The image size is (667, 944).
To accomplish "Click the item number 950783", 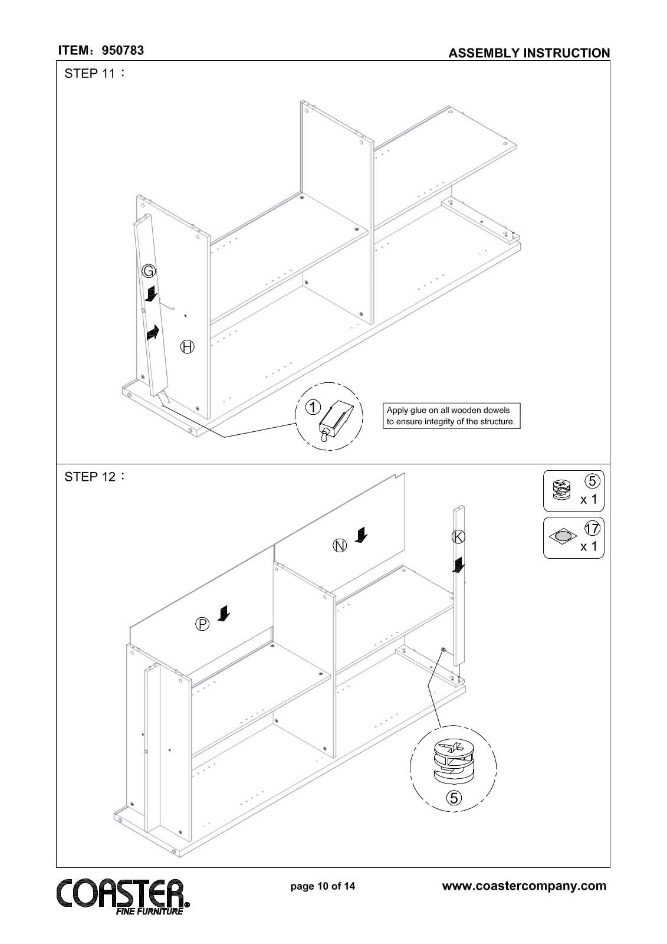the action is pos(123,51).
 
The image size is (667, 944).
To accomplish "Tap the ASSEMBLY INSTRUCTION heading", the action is pos(529,53).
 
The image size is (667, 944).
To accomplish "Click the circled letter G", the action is pos(149,271).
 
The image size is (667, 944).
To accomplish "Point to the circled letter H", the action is pos(187,346).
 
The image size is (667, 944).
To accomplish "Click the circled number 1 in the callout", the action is pos(313,407).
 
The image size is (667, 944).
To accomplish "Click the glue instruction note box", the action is pos(452,415).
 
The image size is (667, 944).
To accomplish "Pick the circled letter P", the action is pos(202,623).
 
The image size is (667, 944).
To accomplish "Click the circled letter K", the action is pos(458,536).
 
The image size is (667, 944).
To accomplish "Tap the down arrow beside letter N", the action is pos(360,535).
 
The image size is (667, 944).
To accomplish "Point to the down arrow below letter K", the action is pos(458,565).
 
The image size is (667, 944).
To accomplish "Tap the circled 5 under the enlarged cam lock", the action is pos(453,798).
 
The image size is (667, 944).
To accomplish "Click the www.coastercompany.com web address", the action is pos(524,886).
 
